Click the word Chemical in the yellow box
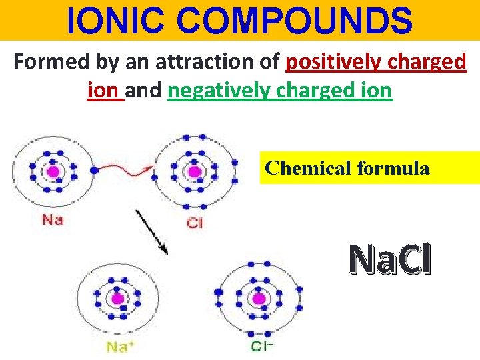(308, 168)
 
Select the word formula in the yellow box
(393, 168)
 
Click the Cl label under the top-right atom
(194, 223)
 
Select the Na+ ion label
(120, 346)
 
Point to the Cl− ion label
(262, 345)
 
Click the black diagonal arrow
(151, 231)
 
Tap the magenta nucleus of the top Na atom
(53, 173)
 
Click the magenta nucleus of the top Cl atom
(194, 172)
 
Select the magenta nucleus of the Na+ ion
(118, 298)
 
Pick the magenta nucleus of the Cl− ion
(259, 297)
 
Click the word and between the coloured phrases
(146, 90)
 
